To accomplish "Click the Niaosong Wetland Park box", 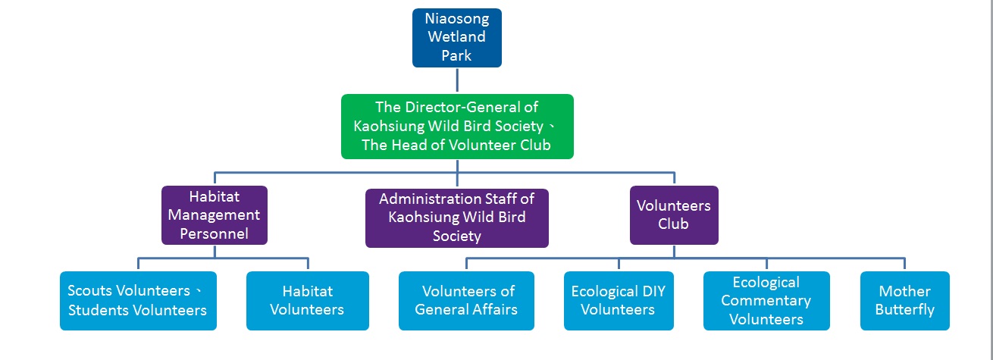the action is pyautogui.click(x=456, y=38).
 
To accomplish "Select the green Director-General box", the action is pyautogui.click(x=457, y=127).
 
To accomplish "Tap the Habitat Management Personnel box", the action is pyautogui.click(x=214, y=215).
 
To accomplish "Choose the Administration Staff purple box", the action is pyautogui.click(x=456, y=218).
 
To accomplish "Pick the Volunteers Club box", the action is pyautogui.click(x=674, y=215).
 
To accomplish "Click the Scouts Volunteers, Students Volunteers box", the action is pyautogui.click(x=138, y=301).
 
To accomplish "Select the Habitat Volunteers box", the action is pyautogui.click(x=308, y=301).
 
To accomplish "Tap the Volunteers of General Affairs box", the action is pyautogui.click(x=466, y=301).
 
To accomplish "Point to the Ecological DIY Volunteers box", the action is pyautogui.click(x=619, y=301).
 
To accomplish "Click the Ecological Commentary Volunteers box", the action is pyautogui.click(x=766, y=301).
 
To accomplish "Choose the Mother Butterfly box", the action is pyautogui.click(x=905, y=301).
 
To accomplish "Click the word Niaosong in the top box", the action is pyautogui.click(x=456, y=19).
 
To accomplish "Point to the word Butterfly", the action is pyautogui.click(x=905, y=310).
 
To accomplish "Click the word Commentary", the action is pyautogui.click(x=766, y=302).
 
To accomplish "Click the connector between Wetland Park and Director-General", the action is pyautogui.click(x=457, y=80).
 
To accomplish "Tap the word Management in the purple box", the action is pyautogui.click(x=214, y=215).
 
